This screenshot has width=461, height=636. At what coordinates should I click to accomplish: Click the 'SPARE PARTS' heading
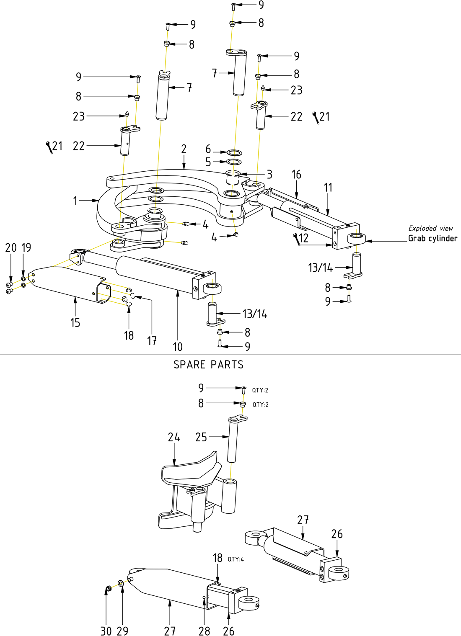(x=208, y=365)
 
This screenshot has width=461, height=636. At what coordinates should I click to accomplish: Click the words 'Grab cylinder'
(x=433, y=239)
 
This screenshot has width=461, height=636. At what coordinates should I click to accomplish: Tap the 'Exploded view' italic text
(x=430, y=228)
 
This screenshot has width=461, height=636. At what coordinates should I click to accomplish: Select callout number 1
(x=75, y=201)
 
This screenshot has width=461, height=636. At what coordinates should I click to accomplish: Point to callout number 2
(x=184, y=149)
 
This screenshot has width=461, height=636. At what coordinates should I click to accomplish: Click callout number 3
(x=269, y=174)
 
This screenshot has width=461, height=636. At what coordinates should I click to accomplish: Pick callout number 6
(x=208, y=149)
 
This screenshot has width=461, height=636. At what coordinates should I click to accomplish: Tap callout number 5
(x=208, y=162)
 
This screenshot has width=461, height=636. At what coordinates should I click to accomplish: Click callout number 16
(x=296, y=175)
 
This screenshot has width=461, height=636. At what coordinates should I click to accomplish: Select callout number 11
(x=328, y=188)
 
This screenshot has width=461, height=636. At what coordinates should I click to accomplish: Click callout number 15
(x=75, y=322)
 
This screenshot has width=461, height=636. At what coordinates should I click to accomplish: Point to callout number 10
(x=178, y=347)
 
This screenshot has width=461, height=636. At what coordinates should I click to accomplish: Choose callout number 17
(x=152, y=341)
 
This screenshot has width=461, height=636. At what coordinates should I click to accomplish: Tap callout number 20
(x=10, y=248)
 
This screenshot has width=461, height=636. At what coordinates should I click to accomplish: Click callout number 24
(x=174, y=438)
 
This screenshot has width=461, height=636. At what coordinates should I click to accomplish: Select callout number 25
(x=201, y=437)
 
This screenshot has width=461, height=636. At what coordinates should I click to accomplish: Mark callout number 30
(x=106, y=631)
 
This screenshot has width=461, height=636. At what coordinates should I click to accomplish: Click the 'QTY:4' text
(x=236, y=559)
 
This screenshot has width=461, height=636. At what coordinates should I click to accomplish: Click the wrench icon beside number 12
(x=296, y=239)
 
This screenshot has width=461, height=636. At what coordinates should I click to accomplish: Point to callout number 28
(x=204, y=631)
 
